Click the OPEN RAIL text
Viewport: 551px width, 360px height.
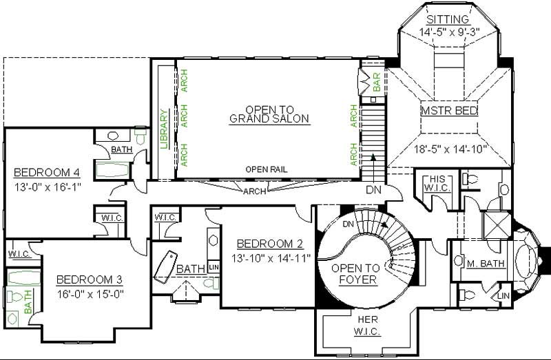pos(267,169)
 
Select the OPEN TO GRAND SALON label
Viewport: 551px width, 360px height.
pos(269,114)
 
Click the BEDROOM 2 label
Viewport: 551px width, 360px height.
pos(270,244)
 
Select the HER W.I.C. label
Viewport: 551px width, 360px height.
pos(364,324)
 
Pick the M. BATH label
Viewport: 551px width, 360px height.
pos(486,264)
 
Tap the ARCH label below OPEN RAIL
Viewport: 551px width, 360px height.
pos(255,191)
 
